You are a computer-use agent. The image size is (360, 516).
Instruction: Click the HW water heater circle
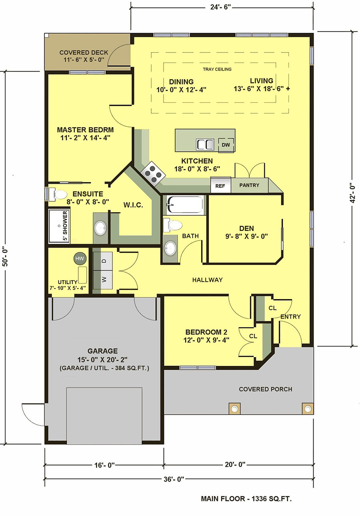click(x=80, y=259)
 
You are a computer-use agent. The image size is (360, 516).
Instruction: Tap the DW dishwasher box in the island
click(x=226, y=145)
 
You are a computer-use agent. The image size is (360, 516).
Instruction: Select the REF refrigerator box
click(x=220, y=185)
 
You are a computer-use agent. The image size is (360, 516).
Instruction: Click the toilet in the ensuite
click(x=58, y=195)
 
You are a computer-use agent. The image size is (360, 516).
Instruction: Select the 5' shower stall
click(x=59, y=226)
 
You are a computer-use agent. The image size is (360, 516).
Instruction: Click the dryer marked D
click(x=103, y=261)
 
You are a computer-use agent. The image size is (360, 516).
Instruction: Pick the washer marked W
click(x=103, y=280)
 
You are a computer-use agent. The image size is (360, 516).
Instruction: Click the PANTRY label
click(x=249, y=185)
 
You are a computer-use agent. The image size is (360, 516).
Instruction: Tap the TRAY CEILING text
click(x=217, y=69)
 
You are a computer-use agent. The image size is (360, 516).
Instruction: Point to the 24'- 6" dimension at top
click(x=220, y=7)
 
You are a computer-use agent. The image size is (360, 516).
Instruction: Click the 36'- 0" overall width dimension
click(x=174, y=480)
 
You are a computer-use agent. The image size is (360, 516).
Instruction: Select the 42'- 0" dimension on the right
click(x=351, y=193)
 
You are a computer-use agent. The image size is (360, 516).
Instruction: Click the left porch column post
click(x=234, y=409)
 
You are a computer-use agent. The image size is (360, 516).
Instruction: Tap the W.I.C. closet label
click(x=133, y=205)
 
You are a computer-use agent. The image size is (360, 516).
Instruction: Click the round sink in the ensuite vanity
click(x=100, y=228)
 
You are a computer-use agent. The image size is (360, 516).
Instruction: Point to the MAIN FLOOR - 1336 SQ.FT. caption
click(x=246, y=499)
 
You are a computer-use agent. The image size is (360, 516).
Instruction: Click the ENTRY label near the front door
click(x=290, y=317)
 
